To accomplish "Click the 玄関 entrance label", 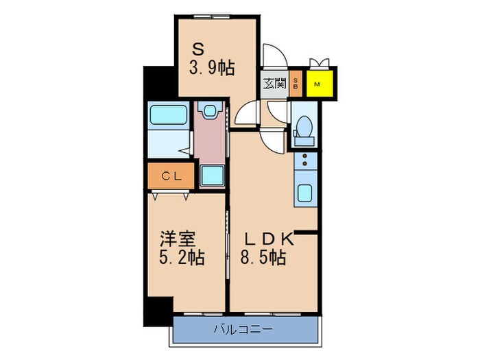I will [274, 84].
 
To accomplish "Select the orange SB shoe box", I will [296, 84].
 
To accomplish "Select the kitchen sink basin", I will [304, 192].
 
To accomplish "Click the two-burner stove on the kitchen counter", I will [303, 162].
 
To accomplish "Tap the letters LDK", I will [270, 239].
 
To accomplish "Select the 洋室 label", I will [178, 239].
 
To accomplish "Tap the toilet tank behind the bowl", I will [302, 141].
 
